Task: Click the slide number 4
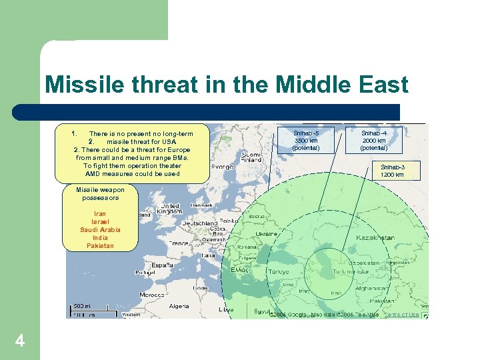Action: [20, 341]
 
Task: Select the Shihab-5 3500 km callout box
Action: [306, 140]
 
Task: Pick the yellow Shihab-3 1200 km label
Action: [392, 171]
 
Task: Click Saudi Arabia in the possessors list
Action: [100, 230]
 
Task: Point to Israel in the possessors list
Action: [100, 222]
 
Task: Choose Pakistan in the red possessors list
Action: [100, 246]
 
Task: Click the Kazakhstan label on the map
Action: [375, 238]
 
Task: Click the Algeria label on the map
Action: [179, 307]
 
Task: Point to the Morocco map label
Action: [151, 295]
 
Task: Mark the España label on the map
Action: [162, 265]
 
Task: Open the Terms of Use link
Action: [403, 315]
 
